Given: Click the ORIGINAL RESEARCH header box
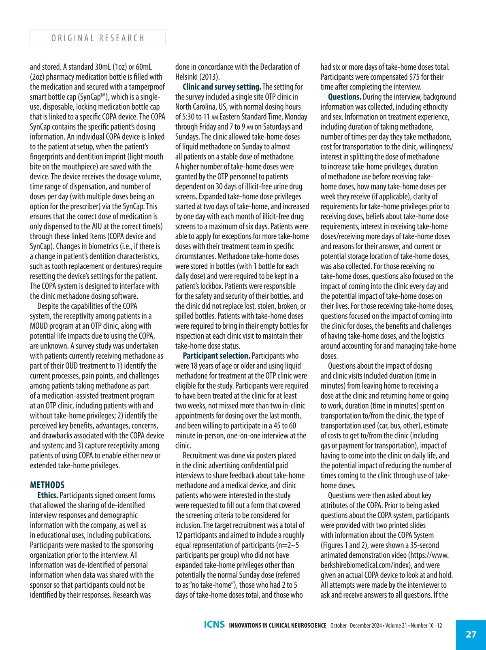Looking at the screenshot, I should tap(97, 38).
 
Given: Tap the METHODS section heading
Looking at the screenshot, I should tap(47, 485).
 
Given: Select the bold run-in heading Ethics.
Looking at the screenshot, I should tap(47, 495).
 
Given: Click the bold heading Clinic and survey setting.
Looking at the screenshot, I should tap(222, 87).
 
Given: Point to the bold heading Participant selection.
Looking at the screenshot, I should tap(216, 356).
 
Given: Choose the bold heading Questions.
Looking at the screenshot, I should tap(344, 97).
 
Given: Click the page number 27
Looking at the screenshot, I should tap(471, 634).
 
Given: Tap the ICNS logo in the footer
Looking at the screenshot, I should tap(214, 625).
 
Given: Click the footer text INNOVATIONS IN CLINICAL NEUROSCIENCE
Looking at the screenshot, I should tap(277, 625).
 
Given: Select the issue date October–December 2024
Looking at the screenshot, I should tap(356, 625).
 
